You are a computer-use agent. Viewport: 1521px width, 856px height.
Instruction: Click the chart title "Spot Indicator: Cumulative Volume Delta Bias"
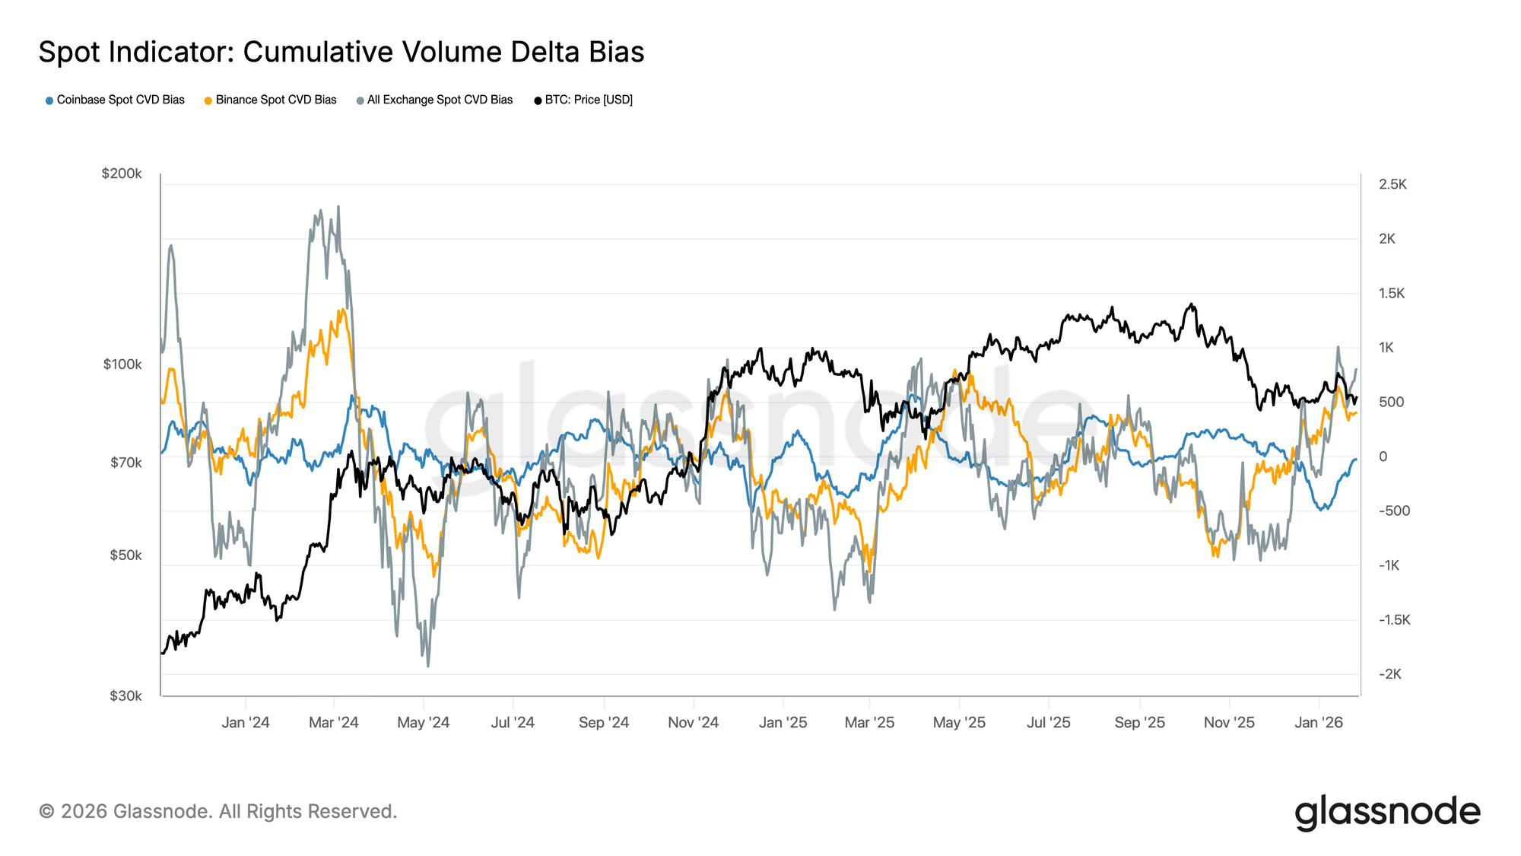coord(341,53)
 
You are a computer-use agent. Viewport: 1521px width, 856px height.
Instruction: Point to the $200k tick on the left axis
coord(122,173)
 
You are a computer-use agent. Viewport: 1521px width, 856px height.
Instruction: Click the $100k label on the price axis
coord(122,364)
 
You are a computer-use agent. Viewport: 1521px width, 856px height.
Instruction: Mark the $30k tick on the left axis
coord(125,695)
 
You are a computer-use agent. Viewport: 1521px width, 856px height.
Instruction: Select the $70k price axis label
coord(125,463)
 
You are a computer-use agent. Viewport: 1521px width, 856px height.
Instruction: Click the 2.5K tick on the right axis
coord(1392,184)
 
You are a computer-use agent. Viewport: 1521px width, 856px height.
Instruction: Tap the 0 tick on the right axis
coord(1383,457)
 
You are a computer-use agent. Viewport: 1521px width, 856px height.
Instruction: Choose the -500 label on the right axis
coord(1394,511)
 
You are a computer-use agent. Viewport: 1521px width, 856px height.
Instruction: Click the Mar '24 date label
coord(333,722)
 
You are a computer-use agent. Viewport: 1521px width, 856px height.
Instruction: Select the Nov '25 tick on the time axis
coord(1229,722)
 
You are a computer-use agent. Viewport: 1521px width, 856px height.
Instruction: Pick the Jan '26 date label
coord(1319,722)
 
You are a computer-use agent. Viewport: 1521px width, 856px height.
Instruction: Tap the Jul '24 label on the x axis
coord(513,722)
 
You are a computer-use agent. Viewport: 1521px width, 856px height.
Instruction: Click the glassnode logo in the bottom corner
coord(1387,812)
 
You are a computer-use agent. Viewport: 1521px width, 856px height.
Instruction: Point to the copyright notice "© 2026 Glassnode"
coord(218,811)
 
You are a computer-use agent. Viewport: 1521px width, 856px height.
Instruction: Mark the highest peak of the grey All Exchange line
coord(338,206)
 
